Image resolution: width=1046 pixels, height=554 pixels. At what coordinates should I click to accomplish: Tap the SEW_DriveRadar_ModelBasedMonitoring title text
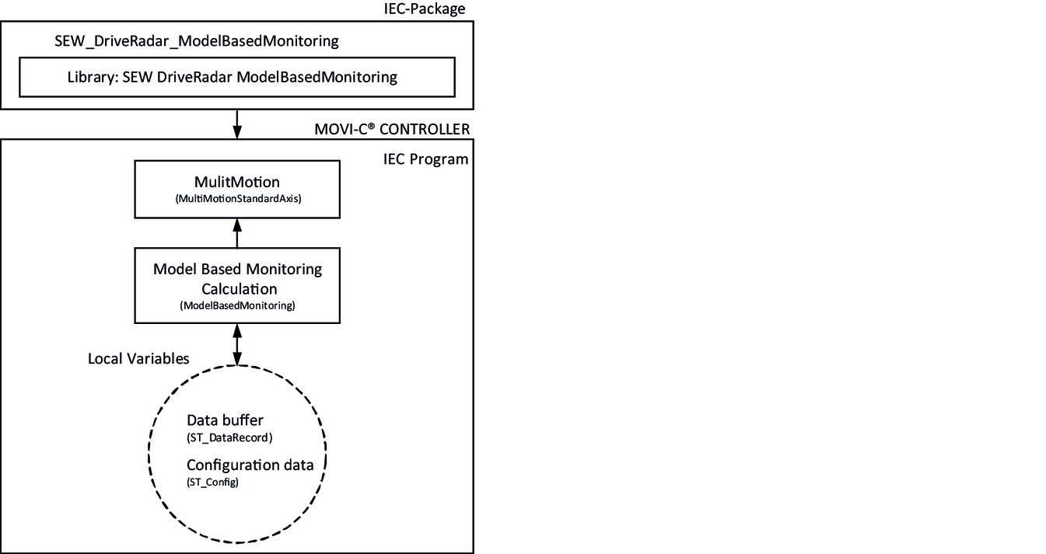196,41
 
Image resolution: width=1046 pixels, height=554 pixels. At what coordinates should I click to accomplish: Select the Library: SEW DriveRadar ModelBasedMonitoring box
236,78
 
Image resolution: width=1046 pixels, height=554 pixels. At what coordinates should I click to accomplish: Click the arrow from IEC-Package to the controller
237,123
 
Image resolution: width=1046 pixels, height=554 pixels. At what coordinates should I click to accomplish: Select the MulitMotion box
237,189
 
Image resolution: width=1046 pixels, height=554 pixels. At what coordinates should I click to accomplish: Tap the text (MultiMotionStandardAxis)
237,199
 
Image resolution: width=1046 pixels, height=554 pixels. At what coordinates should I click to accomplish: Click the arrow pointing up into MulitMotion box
237,233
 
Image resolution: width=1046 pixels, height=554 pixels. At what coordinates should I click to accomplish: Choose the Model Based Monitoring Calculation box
237,285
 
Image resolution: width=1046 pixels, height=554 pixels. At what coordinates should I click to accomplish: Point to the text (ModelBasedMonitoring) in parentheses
237,306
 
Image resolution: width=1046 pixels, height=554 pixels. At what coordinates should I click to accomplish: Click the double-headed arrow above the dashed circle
237,343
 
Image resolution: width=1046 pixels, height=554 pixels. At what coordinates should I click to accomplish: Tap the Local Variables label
138,359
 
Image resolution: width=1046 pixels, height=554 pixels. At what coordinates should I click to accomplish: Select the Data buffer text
225,421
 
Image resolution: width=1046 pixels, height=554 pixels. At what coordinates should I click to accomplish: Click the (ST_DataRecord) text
229,437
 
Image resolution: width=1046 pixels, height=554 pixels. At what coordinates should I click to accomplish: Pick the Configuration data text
250,465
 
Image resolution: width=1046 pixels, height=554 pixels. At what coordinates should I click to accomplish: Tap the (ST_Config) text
212,483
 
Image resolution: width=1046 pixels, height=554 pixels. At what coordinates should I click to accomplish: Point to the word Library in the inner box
93,78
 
